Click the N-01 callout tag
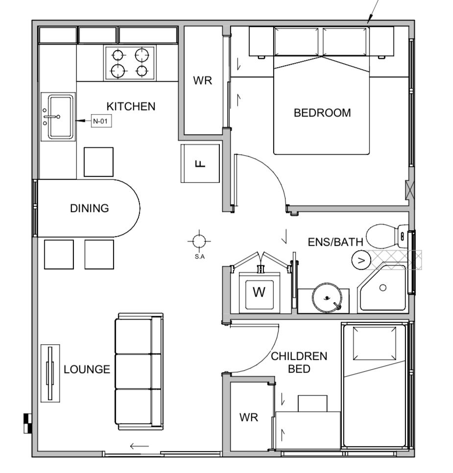click(101, 121)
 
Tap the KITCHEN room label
click(131, 106)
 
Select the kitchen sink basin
click(61, 117)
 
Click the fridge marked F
click(200, 164)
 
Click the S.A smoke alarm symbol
click(199, 241)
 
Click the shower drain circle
click(382, 288)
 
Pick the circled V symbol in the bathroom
click(361, 260)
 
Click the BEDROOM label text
click(322, 113)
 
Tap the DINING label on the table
click(89, 208)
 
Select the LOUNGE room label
click(87, 369)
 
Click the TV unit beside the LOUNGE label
click(50, 373)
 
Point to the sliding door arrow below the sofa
click(140, 446)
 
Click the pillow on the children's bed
click(375, 343)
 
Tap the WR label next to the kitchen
click(203, 80)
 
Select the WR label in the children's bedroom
click(249, 418)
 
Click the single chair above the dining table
click(99, 162)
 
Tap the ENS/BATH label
click(335, 242)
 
